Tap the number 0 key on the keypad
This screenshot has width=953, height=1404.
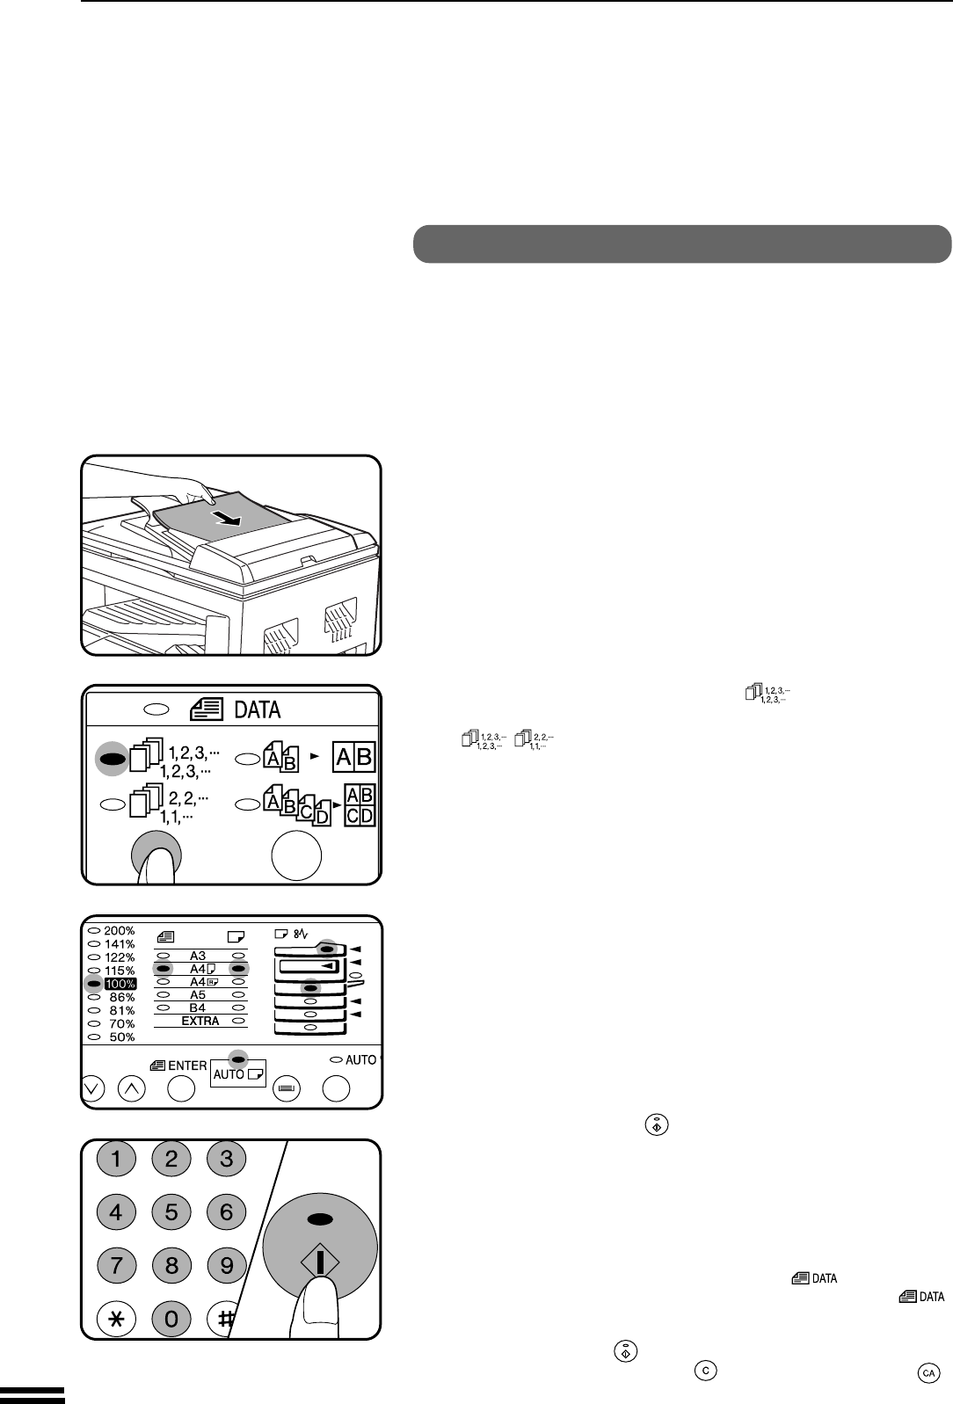pyautogui.click(x=171, y=1320)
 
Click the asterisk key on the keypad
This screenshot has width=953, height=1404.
pyautogui.click(x=116, y=1320)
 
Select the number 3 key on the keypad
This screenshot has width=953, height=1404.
pyautogui.click(x=226, y=1159)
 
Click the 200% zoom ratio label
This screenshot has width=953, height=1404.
pyautogui.click(x=120, y=931)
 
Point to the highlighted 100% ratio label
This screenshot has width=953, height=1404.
pyautogui.click(x=120, y=984)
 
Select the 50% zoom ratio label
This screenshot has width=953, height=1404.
pyautogui.click(x=121, y=1037)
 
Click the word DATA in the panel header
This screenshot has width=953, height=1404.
pyautogui.click(x=257, y=710)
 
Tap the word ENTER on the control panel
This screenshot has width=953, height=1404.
pyautogui.click(x=187, y=1066)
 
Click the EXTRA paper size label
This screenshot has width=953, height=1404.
pyautogui.click(x=200, y=1021)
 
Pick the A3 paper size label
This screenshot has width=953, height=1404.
pyautogui.click(x=198, y=956)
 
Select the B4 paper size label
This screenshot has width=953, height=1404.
pyautogui.click(x=198, y=1008)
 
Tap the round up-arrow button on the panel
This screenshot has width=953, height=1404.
pyautogui.click(x=132, y=1088)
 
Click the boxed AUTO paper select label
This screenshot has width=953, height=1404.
pyautogui.click(x=238, y=1073)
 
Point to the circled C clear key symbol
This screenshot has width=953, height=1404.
pyautogui.click(x=705, y=1371)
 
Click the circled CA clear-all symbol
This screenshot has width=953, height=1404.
pyautogui.click(x=928, y=1373)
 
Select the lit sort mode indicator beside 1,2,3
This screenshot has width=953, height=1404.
pyautogui.click(x=112, y=759)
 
